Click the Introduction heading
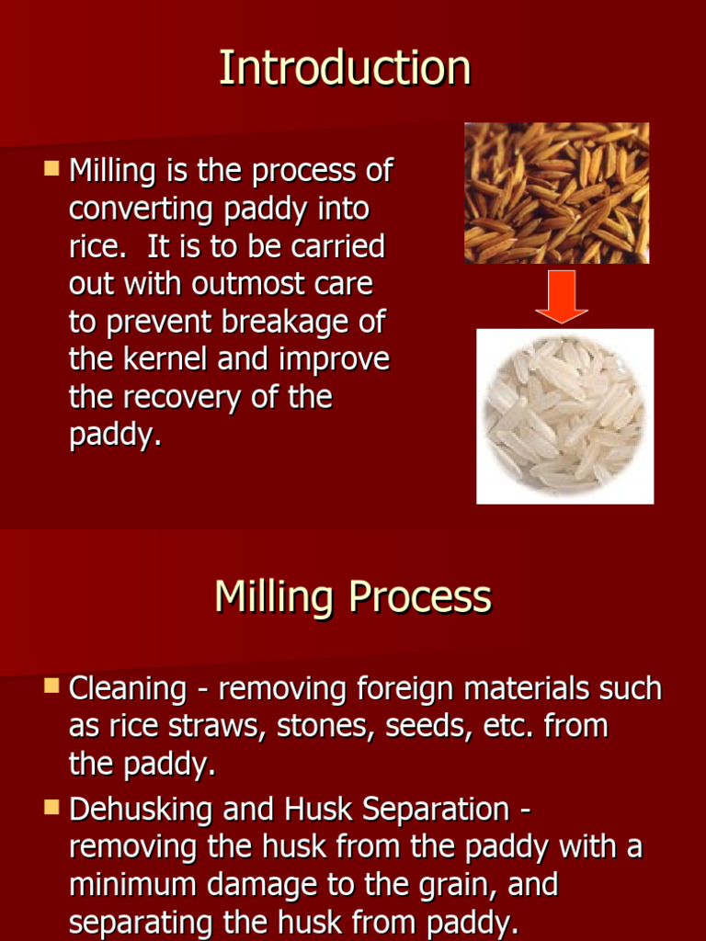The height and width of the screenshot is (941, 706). click(345, 69)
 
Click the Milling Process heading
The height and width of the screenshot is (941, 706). click(353, 597)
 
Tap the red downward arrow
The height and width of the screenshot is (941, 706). click(561, 296)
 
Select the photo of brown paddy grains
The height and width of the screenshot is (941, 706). click(556, 193)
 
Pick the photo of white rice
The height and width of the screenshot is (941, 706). click(564, 416)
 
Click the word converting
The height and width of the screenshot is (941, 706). click(142, 209)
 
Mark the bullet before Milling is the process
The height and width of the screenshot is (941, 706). click(51, 168)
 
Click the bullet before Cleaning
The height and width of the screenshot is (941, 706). click(51, 686)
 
